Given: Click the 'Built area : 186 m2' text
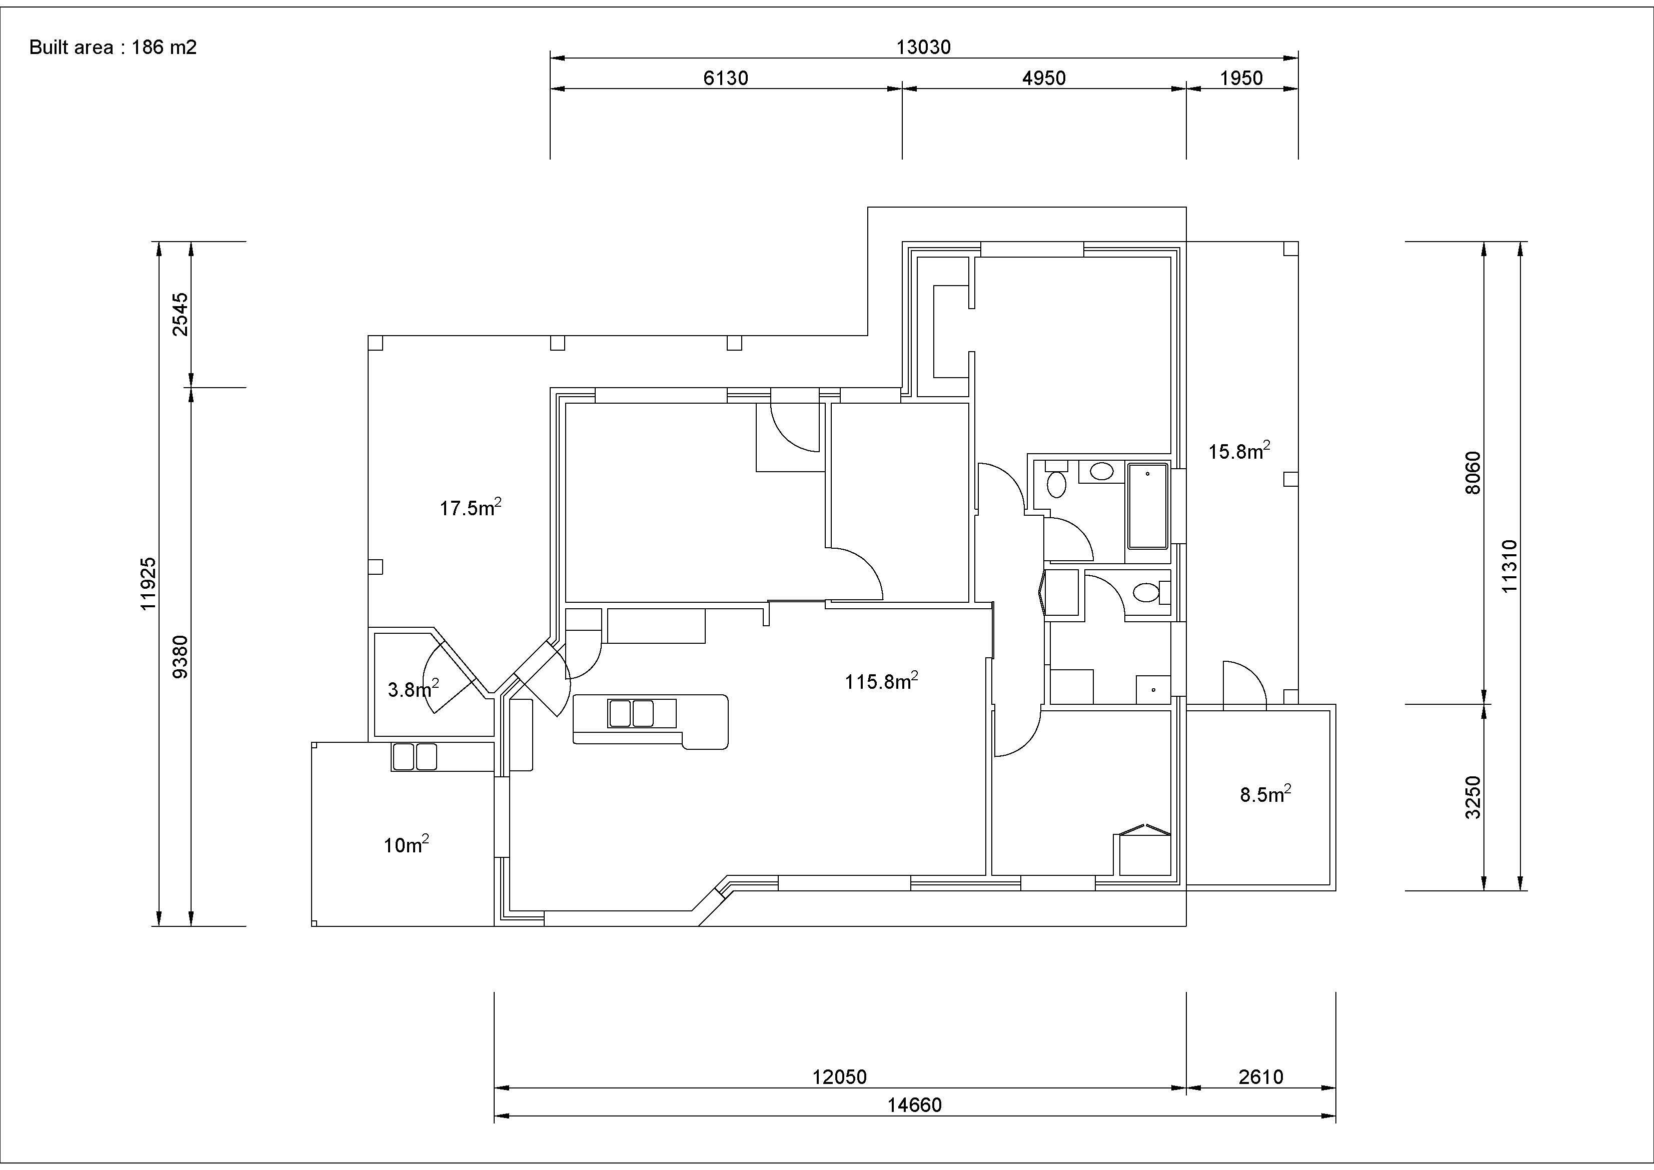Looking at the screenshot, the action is point(113,48).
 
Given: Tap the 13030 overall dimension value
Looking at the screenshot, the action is point(924,48).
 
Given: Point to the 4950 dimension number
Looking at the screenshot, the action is point(1044,78).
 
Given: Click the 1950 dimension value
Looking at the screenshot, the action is point(1241,78).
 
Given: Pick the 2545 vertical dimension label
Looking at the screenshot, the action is point(180,314).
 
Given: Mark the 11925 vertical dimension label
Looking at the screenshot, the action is point(148,584).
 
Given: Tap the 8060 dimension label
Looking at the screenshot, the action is point(1473,473).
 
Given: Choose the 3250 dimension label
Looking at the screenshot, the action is point(1473,797).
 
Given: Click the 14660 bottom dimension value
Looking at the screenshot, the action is point(914,1105).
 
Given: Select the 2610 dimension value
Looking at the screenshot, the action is point(1261,1077).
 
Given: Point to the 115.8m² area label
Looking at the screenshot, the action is point(882,680).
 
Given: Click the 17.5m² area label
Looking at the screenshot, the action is point(471,507).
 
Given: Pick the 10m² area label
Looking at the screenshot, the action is point(406,844).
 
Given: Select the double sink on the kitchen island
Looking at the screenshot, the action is point(632,713).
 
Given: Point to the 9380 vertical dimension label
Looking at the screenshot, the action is point(180,656).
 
